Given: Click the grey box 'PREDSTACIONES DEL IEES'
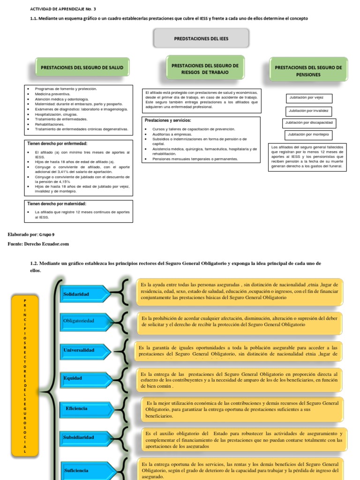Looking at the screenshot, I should point(202,38).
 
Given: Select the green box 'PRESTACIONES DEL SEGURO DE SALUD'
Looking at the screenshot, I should point(82,67).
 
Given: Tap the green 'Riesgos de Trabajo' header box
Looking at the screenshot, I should point(205,69).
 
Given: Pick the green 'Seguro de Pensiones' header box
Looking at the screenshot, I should point(308,70).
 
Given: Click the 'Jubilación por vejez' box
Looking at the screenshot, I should point(309,98).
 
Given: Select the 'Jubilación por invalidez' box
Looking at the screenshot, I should point(309,111).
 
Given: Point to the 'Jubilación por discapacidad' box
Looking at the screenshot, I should point(309,123).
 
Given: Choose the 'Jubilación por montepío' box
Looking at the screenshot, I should point(309,135).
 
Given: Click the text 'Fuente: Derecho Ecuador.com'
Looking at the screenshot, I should point(38,244).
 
